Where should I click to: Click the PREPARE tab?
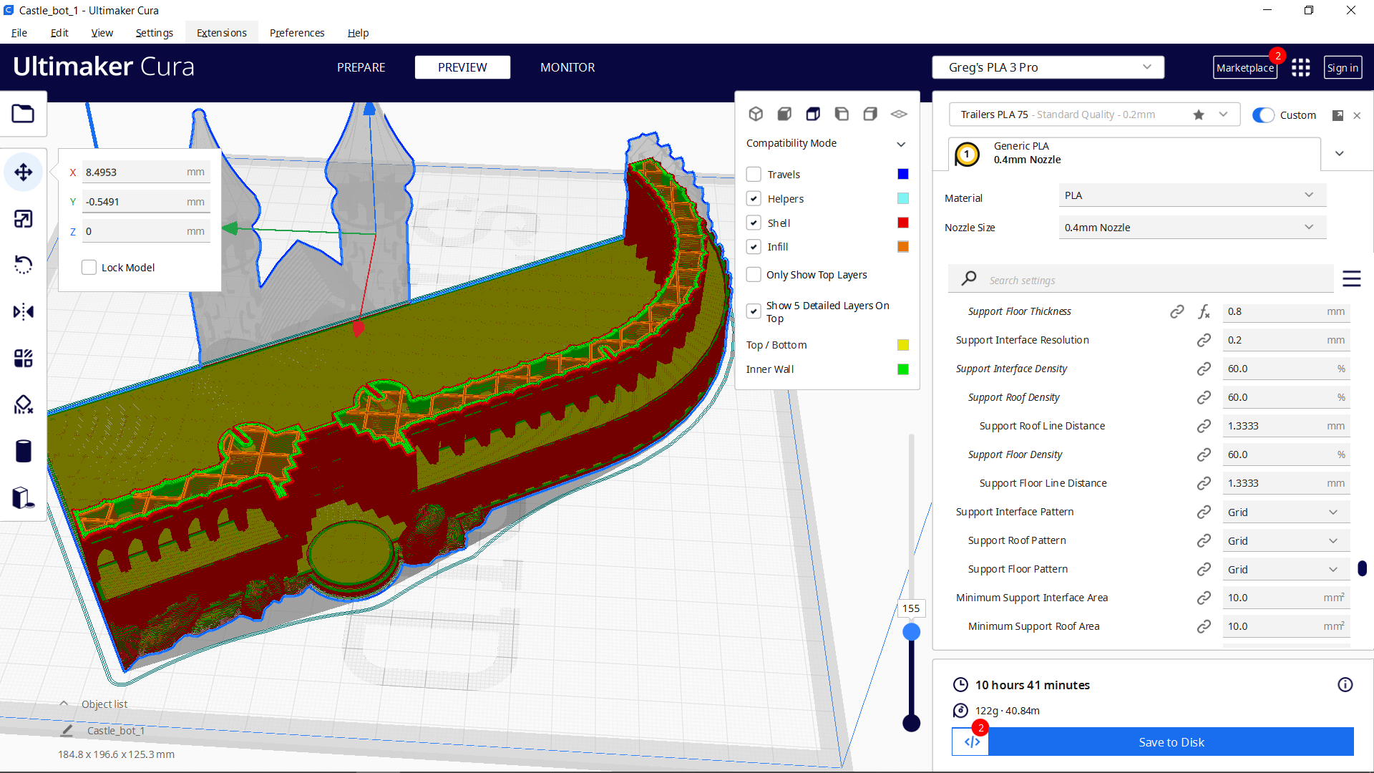pos(361,67)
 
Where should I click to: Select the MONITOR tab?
pos(567,67)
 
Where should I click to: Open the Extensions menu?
pos(221,33)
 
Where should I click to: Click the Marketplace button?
pos(1244,68)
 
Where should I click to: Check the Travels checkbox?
pos(754,175)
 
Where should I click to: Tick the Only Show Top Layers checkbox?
pos(754,275)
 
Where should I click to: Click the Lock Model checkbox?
pos(89,268)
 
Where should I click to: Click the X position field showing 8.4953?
pos(132,172)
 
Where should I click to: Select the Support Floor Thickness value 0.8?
pos(1274,312)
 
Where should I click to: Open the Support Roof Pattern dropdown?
pos(1285,541)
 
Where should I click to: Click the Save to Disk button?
pos(1171,742)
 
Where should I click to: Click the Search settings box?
pos(1152,281)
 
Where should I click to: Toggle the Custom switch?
pos(1263,115)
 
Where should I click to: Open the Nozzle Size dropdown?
pos(1192,228)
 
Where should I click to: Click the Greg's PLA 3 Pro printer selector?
pos(1048,67)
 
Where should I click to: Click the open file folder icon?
pos(23,114)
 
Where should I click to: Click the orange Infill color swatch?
pos(903,247)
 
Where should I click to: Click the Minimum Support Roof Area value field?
pos(1274,626)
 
